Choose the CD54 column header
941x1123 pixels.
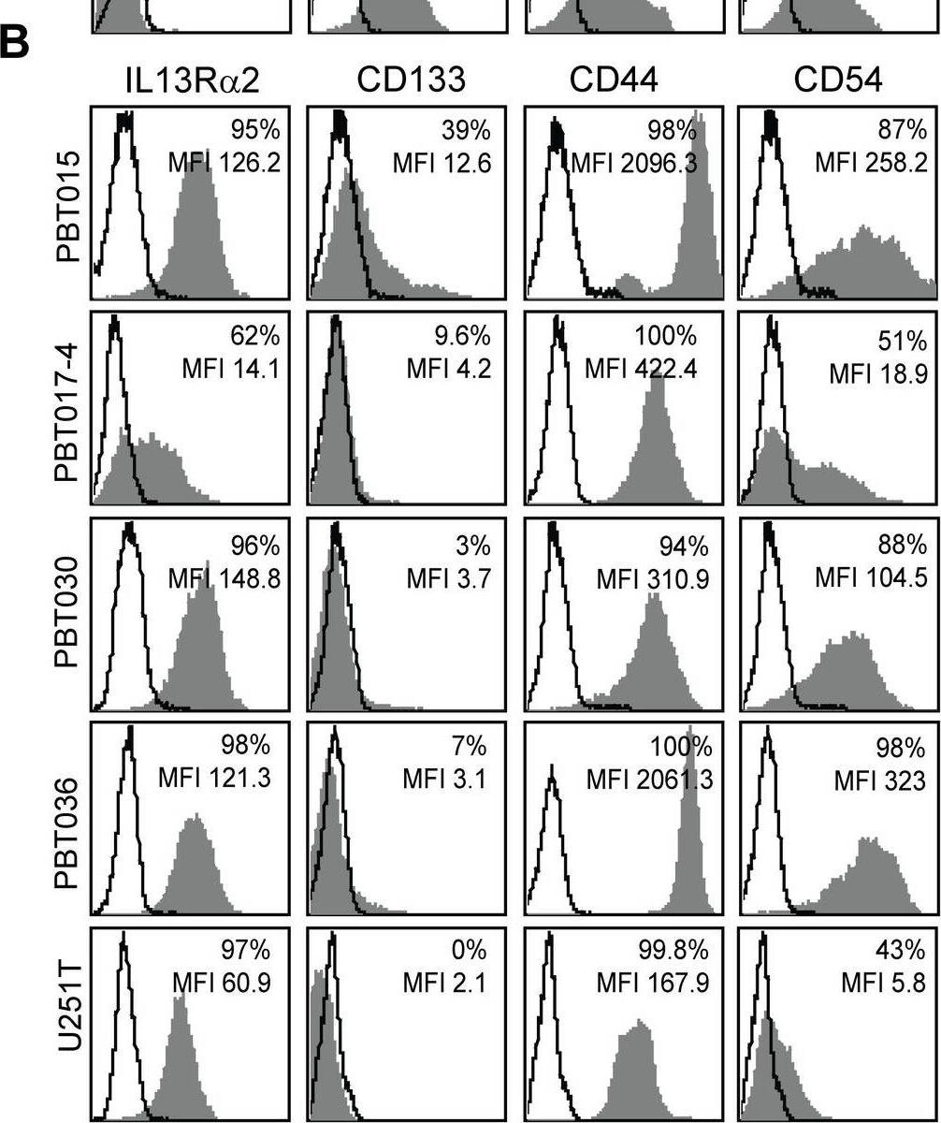point(837,82)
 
